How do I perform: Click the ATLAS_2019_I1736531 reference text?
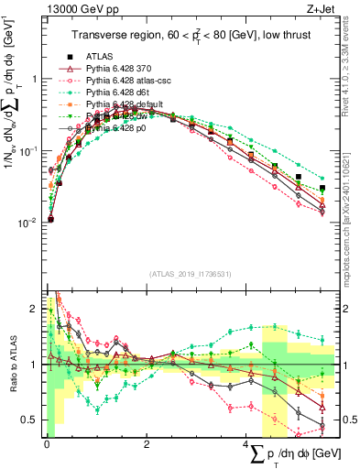click(190, 274)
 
